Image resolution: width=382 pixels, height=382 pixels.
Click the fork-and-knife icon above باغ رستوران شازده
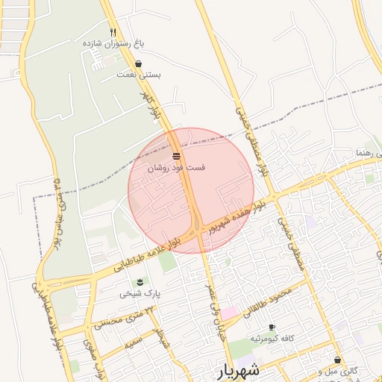coord(113,32)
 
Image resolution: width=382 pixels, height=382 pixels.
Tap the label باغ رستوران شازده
coord(113,44)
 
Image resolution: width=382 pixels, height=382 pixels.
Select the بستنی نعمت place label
coord(139,75)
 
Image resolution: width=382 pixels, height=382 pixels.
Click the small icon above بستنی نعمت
coord(139,64)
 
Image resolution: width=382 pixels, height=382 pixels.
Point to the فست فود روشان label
coord(177,168)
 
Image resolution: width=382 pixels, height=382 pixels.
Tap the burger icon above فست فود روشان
coord(177,156)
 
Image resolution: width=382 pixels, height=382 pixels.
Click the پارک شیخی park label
coord(140,293)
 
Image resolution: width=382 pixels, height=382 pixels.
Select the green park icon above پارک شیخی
coord(140,281)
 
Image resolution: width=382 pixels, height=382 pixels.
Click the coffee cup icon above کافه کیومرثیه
coord(272,328)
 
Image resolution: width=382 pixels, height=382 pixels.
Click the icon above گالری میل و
coord(337,360)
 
